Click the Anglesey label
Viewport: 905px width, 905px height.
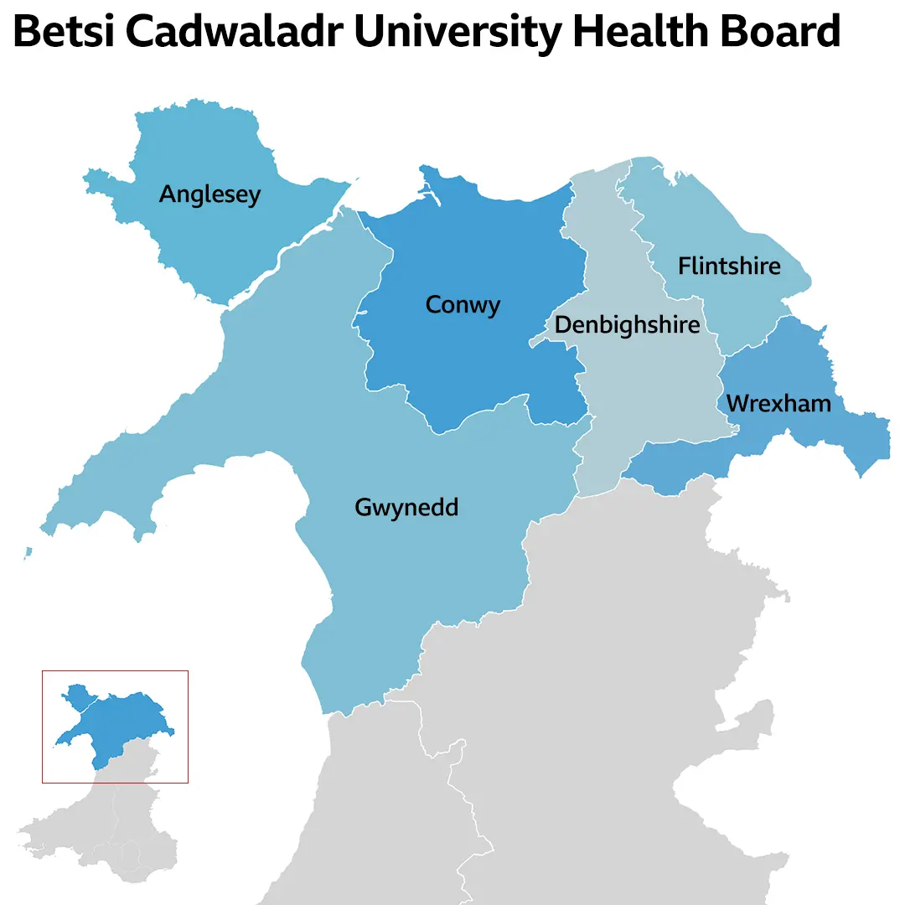pyautogui.click(x=209, y=195)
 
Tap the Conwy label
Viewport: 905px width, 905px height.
pyautogui.click(x=463, y=304)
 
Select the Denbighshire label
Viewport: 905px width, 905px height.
pyautogui.click(x=627, y=324)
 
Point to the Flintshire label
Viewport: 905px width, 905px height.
pyautogui.click(x=729, y=266)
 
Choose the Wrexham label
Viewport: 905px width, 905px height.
pyautogui.click(x=778, y=404)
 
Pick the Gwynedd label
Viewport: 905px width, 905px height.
pyautogui.click(x=406, y=508)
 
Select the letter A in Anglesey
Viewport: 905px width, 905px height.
pyautogui.click(x=168, y=194)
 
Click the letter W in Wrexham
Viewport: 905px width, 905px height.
pyautogui.click(x=738, y=404)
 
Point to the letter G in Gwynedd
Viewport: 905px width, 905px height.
pyautogui.click(x=364, y=508)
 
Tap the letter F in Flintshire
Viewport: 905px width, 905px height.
pyautogui.click(x=684, y=266)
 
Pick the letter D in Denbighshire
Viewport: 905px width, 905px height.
pyautogui.click(x=563, y=324)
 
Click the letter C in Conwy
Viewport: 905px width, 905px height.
pyautogui.click(x=434, y=304)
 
